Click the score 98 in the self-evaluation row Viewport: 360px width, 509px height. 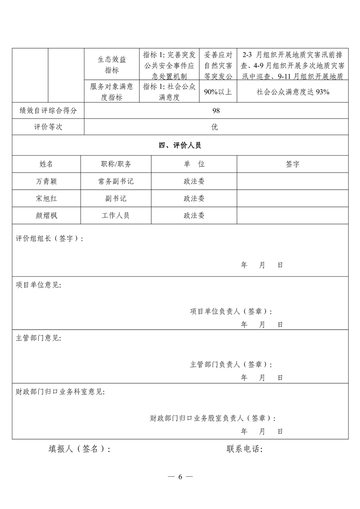[x=216, y=111]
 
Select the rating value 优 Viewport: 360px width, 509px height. [x=215, y=127]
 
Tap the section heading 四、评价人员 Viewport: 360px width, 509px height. [x=180, y=146]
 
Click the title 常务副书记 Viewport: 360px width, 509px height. [x=116, y=181]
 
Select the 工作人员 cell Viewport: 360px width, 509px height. [x=116, y=215]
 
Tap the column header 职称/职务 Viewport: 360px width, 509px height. [x=116, y=164]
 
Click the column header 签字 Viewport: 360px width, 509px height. [x=293, y=164]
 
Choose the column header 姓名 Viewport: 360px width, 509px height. [x=46, y=164]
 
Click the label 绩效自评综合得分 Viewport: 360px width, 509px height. [x=48, y=111]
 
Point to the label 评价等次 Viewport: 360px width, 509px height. [x=48, y=127]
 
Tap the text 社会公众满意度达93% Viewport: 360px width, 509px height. [x=293, y=92]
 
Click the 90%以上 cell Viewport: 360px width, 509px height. [x=218, y=92]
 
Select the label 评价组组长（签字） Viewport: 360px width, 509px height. [x=49, y=239]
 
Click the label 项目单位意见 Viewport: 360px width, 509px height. [x=39, y=285]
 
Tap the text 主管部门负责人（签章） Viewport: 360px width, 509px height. [x=231, y=364]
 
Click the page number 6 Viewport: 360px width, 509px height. [x=180, y=477]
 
